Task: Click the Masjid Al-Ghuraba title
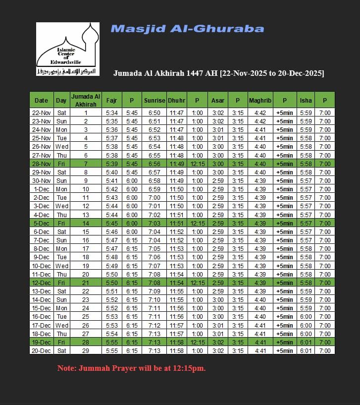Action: tap(187, 29)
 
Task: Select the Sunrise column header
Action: tap(154, 100)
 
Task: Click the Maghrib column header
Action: tap(260, 100)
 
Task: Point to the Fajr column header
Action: tap(111, 100)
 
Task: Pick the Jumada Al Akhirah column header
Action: tap(86, 100)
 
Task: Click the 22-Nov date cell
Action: tap(42, 113)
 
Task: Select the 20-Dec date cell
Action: tap(42, 350)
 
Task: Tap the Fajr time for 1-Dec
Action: tap(111, 189)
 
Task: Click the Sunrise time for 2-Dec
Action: tap(154, 198)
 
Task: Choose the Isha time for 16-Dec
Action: tap(306, 317)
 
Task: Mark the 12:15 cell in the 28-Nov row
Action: tap(197, 164)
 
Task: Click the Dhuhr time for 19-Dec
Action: tap(176, 342)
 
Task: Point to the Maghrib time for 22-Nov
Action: tap(260, 113)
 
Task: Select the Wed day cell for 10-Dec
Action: tap(61, 266)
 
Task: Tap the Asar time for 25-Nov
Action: tap(217, 138)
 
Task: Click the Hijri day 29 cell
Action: tap(86, 350)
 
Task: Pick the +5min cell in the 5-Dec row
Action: tap(285, 223)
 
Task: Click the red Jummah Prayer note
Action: tap(131, 368)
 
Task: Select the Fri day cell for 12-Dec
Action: tap(61, 283)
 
